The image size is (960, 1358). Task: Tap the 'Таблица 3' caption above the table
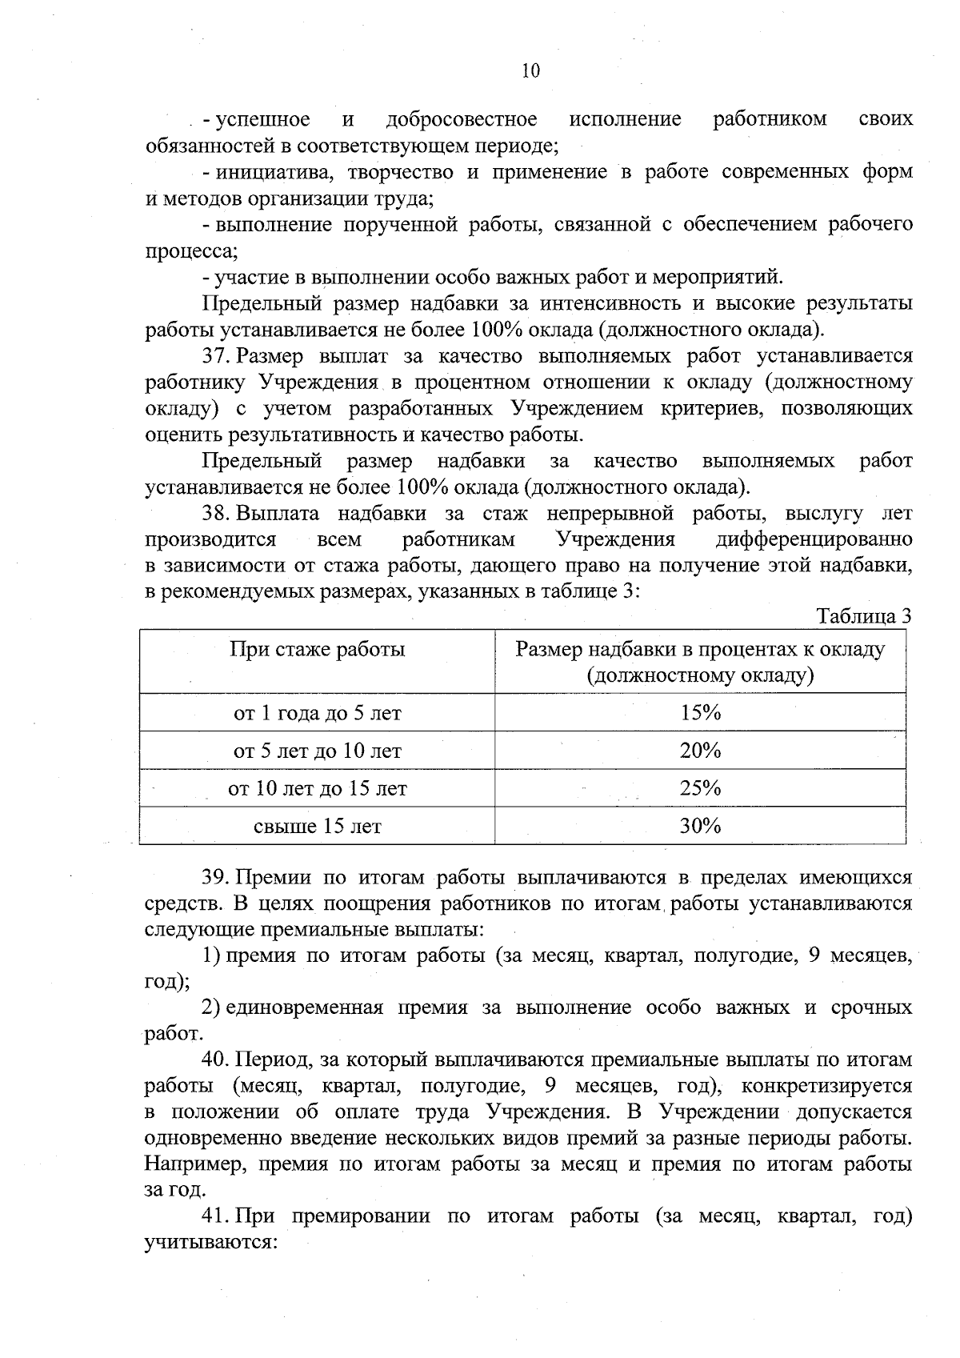click(863, 617)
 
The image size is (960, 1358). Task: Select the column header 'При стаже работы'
click(317, 649)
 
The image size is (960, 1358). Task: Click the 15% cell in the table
click(700, 713)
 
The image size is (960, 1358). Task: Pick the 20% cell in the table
click(700, 751)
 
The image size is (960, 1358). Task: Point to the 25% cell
click(700, 788)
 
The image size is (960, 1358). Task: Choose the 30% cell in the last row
click(700, 826)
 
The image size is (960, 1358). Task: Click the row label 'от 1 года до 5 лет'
click(317, 713)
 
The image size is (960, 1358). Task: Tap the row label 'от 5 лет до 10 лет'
click(317, 751)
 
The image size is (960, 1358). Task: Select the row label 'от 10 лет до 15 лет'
click(317, 789)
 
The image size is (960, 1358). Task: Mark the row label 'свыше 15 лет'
click(317, 827)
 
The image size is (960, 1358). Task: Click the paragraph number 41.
click(216, 1217)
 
